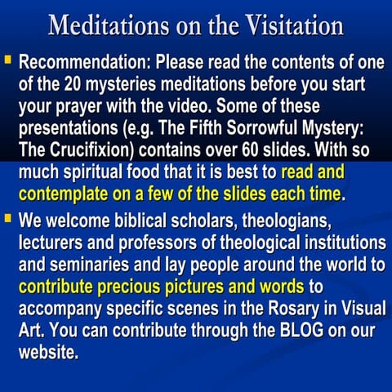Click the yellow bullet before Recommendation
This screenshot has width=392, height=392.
8,60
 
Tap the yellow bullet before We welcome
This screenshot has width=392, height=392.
8,220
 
